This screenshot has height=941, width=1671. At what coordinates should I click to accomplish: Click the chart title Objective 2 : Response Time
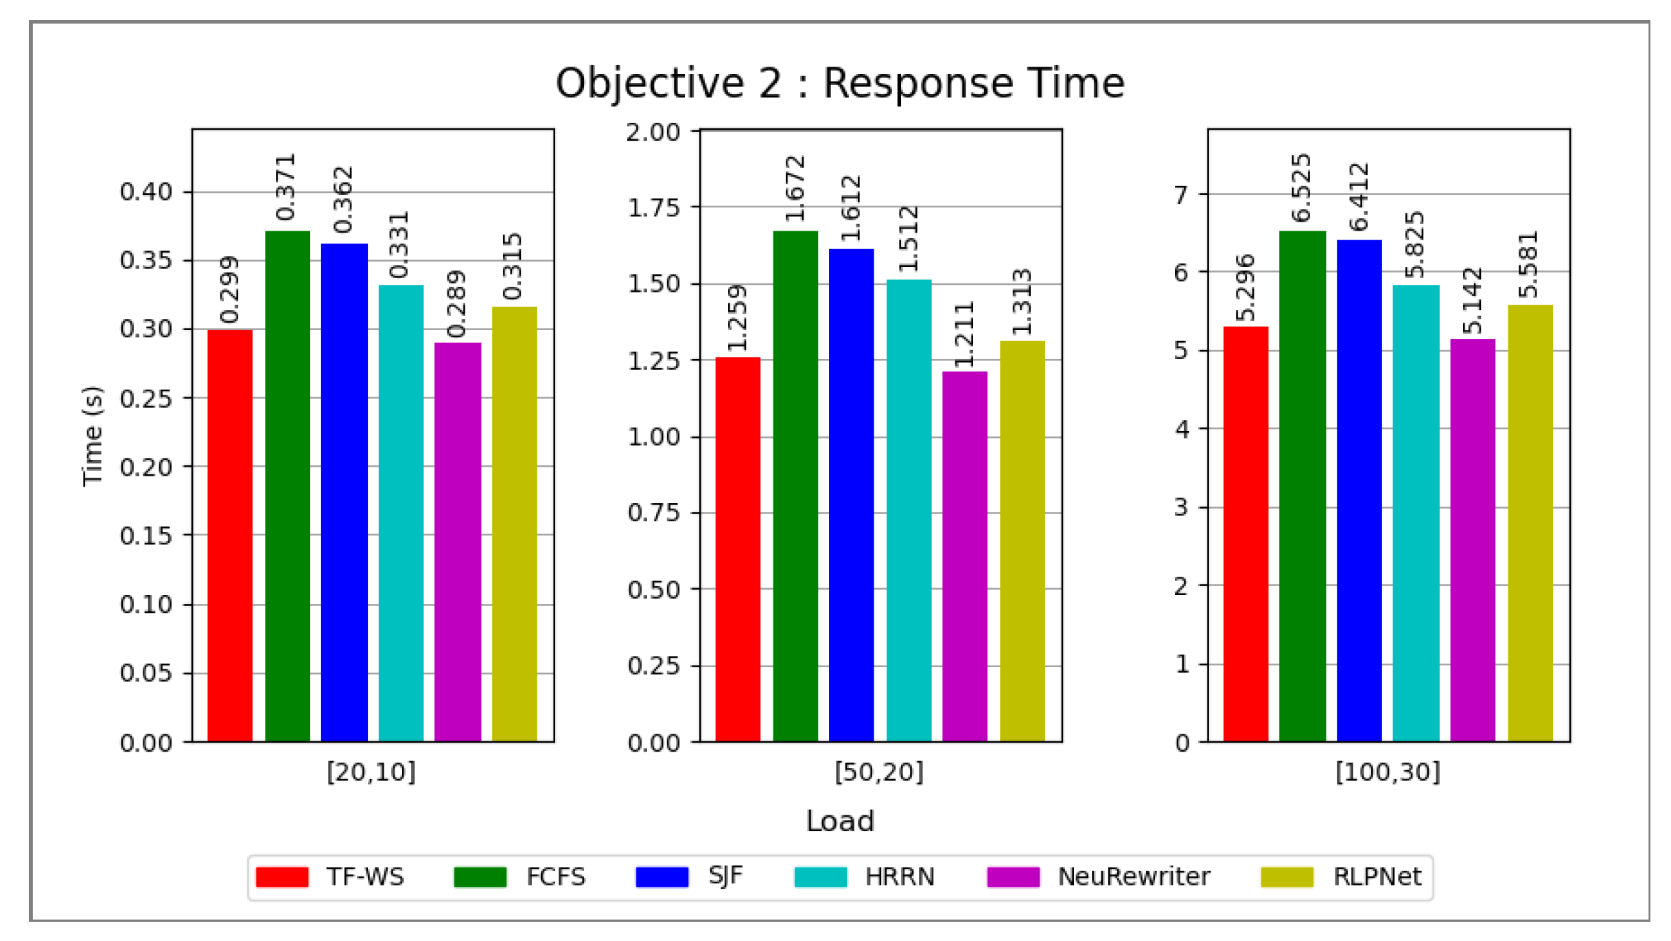point(839,84)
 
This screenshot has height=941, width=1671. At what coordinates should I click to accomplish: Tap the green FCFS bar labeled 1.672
point(795,486)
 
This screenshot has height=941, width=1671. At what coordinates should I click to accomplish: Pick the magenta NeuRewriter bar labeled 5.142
point(1472,540)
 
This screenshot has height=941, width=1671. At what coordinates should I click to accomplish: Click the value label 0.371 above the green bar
point(285,187)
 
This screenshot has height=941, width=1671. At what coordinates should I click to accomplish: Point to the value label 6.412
point(1359,197)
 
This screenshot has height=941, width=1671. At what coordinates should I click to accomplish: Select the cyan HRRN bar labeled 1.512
point(909,510)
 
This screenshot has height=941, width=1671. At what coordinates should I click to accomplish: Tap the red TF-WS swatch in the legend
point(282,876)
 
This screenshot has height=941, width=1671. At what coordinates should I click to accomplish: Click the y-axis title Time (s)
point(93,436)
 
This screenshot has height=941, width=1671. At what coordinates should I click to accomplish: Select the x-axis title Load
point(839,821)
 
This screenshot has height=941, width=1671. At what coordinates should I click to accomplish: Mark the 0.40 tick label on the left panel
point(145,191)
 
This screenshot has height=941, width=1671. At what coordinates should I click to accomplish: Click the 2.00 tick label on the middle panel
point(653,132)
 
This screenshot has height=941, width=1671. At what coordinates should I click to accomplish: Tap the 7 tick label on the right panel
point(1181,195)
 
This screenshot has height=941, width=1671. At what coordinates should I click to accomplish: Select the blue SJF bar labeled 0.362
point(344,492)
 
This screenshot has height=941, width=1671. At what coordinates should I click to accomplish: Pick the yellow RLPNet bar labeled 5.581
point(1530,523)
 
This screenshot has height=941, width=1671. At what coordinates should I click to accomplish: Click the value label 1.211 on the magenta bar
point(964,334)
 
